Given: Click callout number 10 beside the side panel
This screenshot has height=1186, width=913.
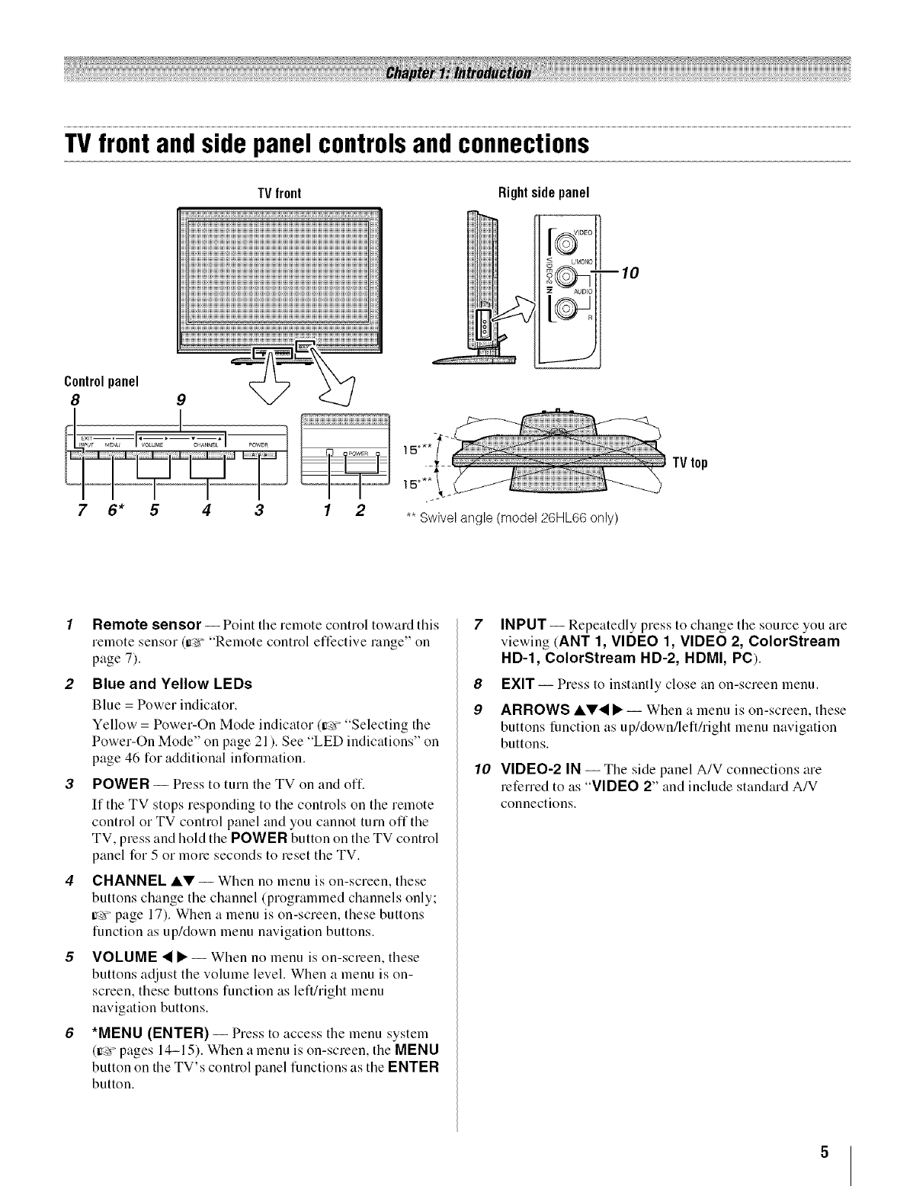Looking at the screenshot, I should pos(629,272).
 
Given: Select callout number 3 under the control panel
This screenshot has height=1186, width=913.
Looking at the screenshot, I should pos(259,510).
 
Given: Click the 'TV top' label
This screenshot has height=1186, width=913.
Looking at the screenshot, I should pos(690,463).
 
